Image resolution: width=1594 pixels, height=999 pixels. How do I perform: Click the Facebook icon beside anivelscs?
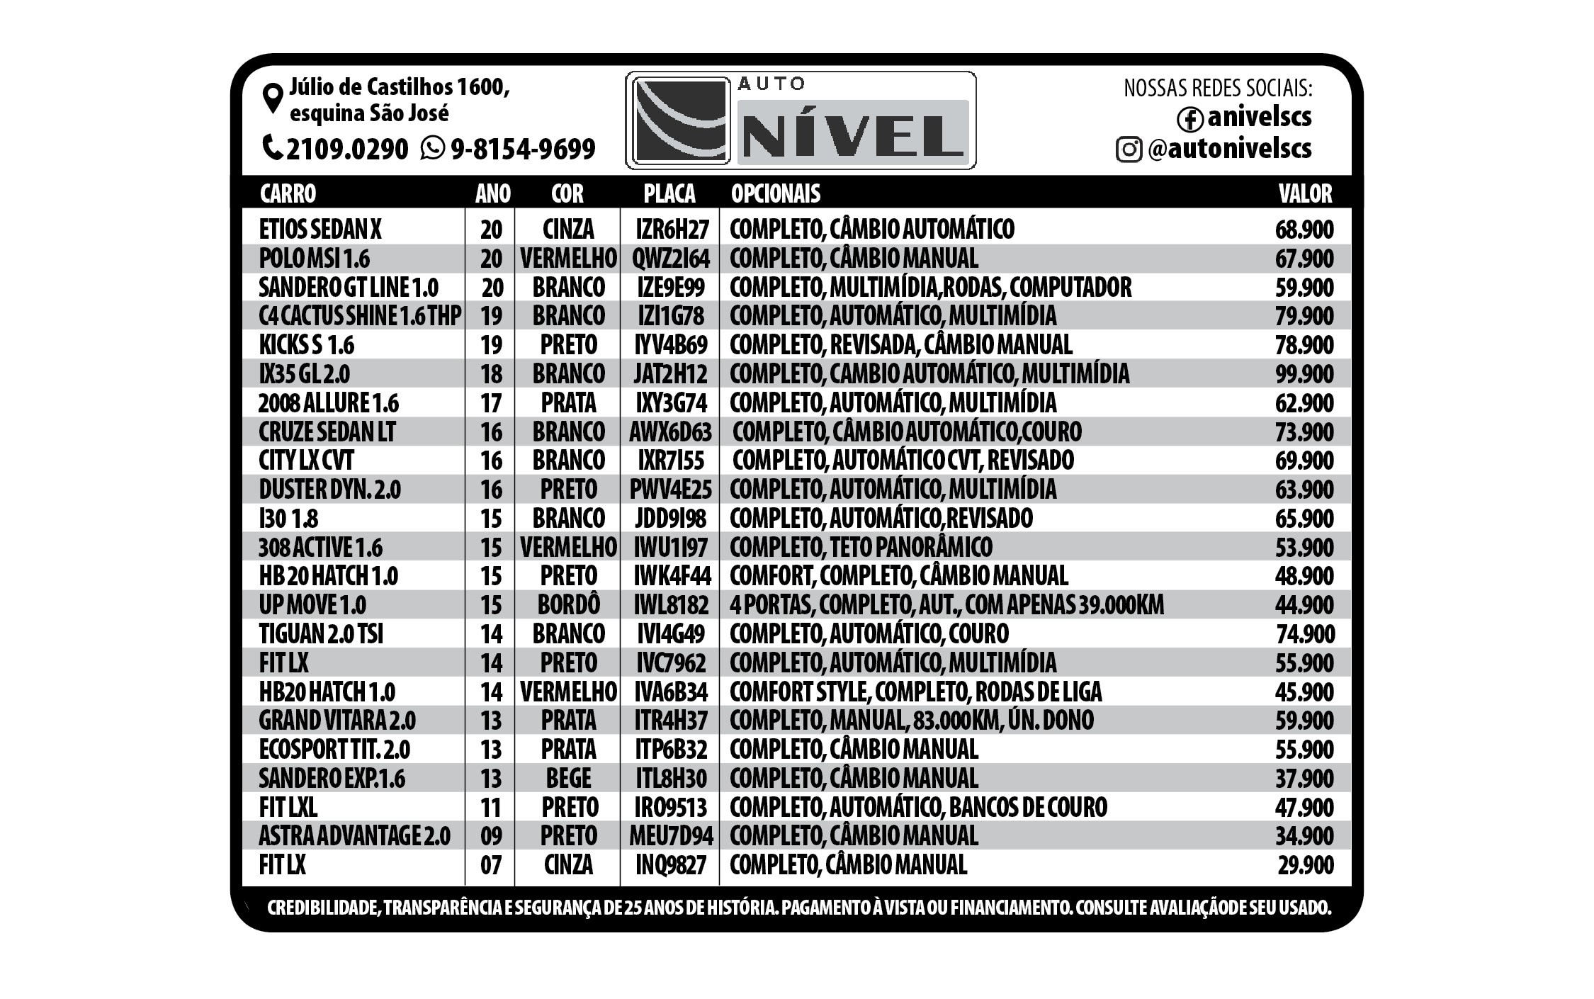click(x=1189, y=119)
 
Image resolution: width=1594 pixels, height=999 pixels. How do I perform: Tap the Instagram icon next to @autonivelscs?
click(x=1129, y=149)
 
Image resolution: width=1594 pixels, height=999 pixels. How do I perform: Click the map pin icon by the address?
click(x=273, y=98)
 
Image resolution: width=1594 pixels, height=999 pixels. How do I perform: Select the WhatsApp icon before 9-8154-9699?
click(x=432, y=148)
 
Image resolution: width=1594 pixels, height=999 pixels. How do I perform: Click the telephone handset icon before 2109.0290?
click(x=273, y=147)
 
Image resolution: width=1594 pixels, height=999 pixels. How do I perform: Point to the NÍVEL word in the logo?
click(x=853, y=135)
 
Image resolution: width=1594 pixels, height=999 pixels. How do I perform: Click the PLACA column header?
click(x=669, y=193)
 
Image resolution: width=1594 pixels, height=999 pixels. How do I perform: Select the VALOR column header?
click(x=1305, y=193)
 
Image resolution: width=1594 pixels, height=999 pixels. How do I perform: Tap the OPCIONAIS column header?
click(x=775, y=193)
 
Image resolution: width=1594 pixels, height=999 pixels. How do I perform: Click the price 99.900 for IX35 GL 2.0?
click(x=1304, y=374)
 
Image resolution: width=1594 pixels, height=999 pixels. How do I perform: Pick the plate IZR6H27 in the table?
click(x=672, y=230)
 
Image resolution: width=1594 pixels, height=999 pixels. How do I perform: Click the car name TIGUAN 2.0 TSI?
click(x=321, y=634)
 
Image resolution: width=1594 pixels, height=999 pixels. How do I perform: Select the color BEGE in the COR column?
click(x=568, y=779)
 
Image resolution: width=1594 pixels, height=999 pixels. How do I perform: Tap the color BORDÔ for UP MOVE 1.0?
click(x=568, y=605)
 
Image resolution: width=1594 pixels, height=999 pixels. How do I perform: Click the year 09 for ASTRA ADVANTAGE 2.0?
click(x=491, y=836)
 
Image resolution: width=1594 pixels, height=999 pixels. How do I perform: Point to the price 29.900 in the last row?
click(x=1306, y=865)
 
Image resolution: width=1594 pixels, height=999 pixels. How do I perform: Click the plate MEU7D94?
click(x=671, y=836)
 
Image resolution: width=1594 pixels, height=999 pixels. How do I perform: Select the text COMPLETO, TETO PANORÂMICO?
click(x=861, y=548)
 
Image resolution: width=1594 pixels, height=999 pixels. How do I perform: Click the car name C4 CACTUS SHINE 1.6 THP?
click(x=360, y=316)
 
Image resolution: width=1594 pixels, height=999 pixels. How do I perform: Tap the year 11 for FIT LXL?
click(x=491, y=808)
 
